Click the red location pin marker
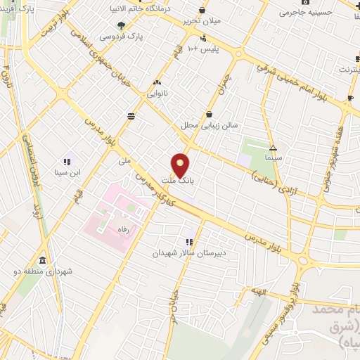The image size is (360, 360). coord(181,165)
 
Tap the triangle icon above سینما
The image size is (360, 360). coord(273,148)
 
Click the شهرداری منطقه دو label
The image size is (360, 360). coord(43,271)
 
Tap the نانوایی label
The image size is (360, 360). coord(157,92)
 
